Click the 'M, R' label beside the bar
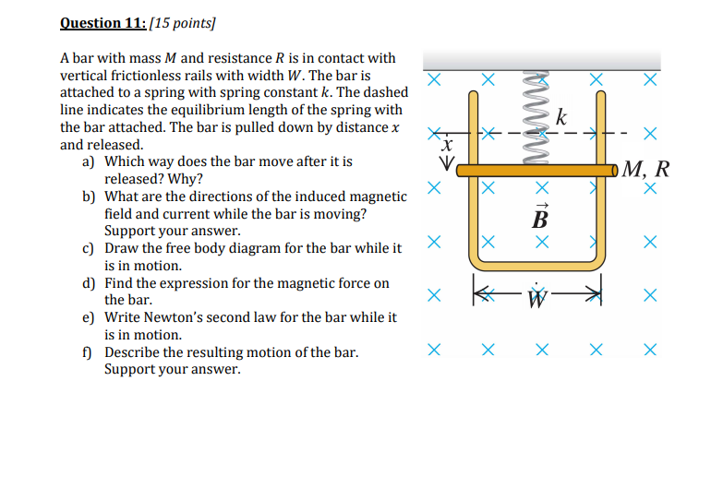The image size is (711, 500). point(645,169)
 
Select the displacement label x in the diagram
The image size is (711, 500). point(447,146)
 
